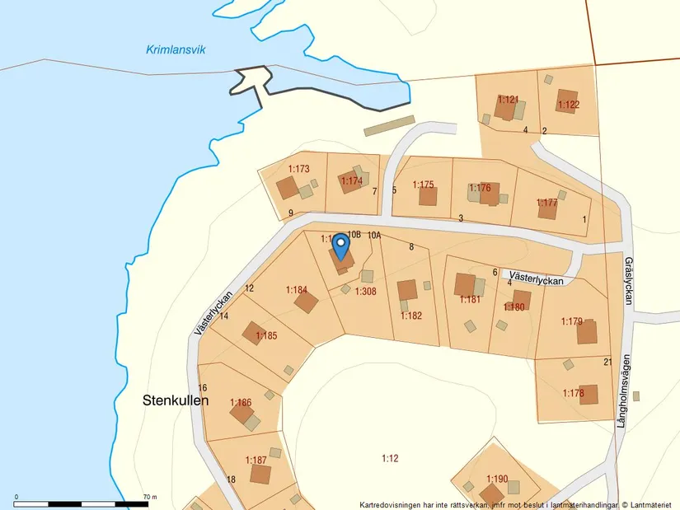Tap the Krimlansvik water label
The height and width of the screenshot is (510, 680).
point(176,50)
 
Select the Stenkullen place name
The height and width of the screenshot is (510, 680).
point(171,400)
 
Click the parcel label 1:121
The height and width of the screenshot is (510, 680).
point(508,100)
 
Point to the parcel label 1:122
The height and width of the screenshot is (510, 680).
point(569,105)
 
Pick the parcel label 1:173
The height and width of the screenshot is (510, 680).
point(298,169)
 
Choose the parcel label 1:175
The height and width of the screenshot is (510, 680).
point(423,185)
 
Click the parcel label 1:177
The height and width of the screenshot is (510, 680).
point(547,203)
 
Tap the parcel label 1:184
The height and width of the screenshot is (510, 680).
point(297,290)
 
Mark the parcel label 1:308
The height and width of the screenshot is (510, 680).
point(365,291)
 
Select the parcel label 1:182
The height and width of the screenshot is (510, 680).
point(411,316)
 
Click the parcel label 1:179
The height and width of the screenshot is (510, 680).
point(572,321)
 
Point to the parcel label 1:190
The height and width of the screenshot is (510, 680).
point(497,479)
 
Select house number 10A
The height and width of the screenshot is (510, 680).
point(374,236)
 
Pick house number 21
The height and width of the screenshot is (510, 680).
point(607,362)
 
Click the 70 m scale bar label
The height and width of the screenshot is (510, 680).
point(149,497)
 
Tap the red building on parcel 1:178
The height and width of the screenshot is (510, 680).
point(589,395)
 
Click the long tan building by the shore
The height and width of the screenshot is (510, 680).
point(389,125)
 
